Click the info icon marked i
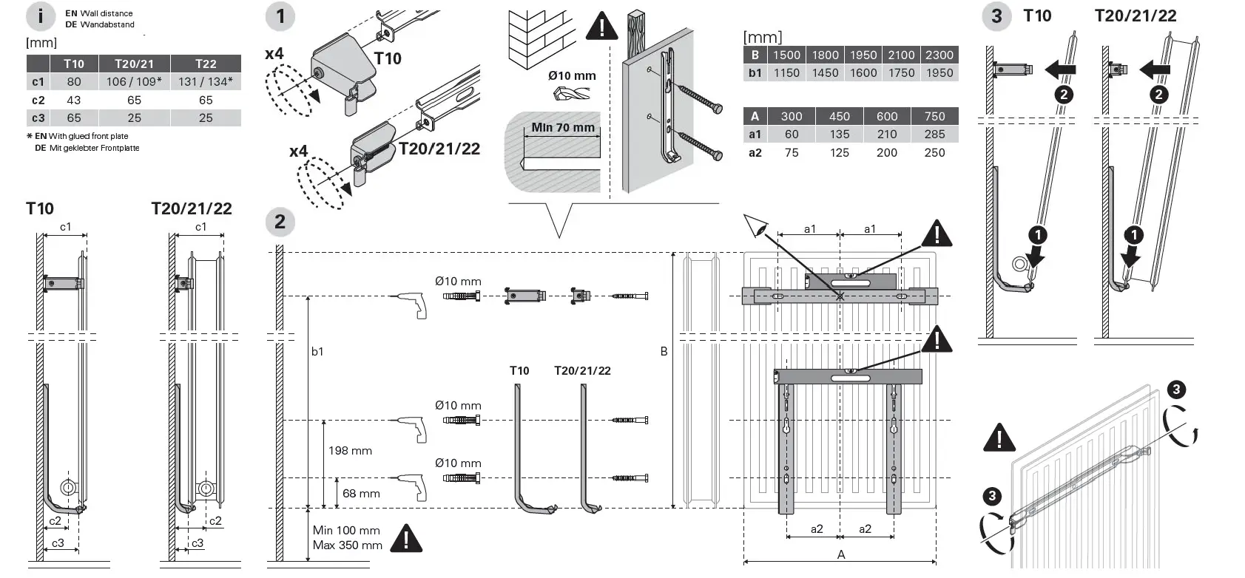[x=41, y=17]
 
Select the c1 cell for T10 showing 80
[x=74, y=81]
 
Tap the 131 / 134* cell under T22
[x=206, y=81]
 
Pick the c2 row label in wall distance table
[x=38, y=100]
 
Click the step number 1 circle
[x=280, y=16]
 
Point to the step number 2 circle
[x=280, y=222]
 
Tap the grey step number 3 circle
[x=996, y=16]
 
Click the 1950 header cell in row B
[x=863, y=55]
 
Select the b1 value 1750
[x=901, y=72]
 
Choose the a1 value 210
[x=887, y=134]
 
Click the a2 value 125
[x=840, y=153]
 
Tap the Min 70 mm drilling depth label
[x=562, y=128]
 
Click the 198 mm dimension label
[x=350, y=451]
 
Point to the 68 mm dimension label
[x=361, y=494]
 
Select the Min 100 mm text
[x=346, y=530]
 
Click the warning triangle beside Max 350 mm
[x=406, y=539]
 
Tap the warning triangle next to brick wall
[x=602, y=26]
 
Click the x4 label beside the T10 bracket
[x=274, y=54]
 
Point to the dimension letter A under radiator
[x=841, y=554]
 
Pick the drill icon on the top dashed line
[x=411, y=305]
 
